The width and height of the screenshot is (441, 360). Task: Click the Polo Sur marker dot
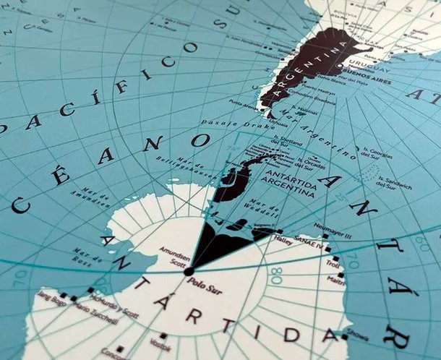[189, 272]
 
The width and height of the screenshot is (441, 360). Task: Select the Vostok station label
[160, 346]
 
